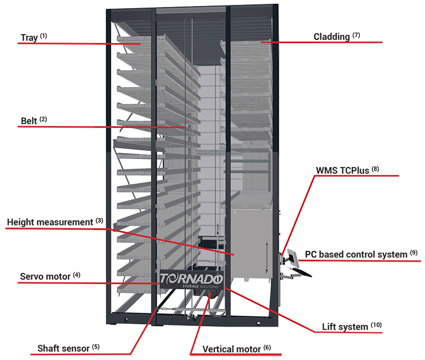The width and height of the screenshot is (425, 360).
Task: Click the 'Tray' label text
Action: click(x=29, y=38)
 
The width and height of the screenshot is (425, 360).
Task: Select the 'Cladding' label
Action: click(x=331, y=37)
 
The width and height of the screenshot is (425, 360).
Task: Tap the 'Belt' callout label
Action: click(x=29, y=121)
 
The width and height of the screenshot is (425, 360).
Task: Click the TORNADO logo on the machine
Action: click(x=192, y=279)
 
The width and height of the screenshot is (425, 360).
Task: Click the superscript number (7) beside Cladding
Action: click(x=356, y=35)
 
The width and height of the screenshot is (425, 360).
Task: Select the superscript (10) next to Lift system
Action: click(x=376, y=325)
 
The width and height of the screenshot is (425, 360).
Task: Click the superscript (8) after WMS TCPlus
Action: click(x=376, y=170)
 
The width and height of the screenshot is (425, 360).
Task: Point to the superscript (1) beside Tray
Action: click(x=43, y=36)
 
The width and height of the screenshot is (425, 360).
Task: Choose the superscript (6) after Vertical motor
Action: click(x=267, y=347)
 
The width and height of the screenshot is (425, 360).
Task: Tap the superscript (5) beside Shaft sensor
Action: click(x=95, y=347)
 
